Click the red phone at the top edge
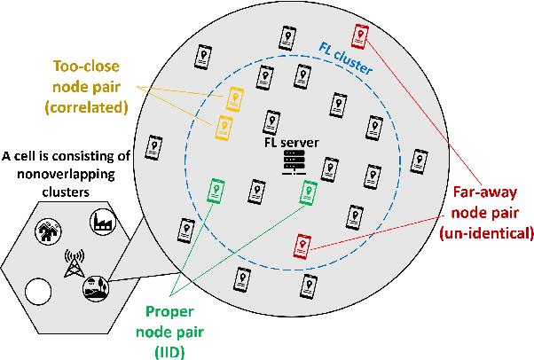click(359, 35)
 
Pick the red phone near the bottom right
click(302, 245)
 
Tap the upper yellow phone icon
click(235, 98)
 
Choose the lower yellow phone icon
click(224, 127)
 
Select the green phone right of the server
click(309, 192)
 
